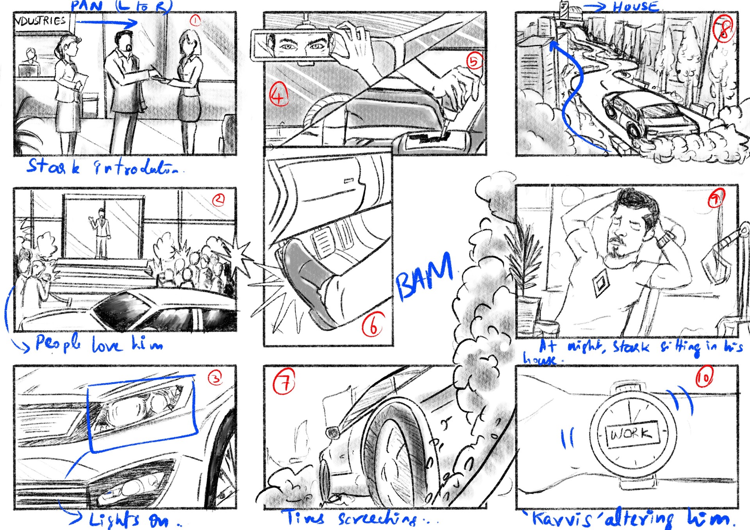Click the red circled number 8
click(723, 29)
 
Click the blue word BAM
click(425, 276)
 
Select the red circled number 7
click(284, 382)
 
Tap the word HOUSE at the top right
click(636, 6)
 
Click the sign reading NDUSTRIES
click(41, 21)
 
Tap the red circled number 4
click(279, 95)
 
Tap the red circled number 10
click(704, 377)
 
